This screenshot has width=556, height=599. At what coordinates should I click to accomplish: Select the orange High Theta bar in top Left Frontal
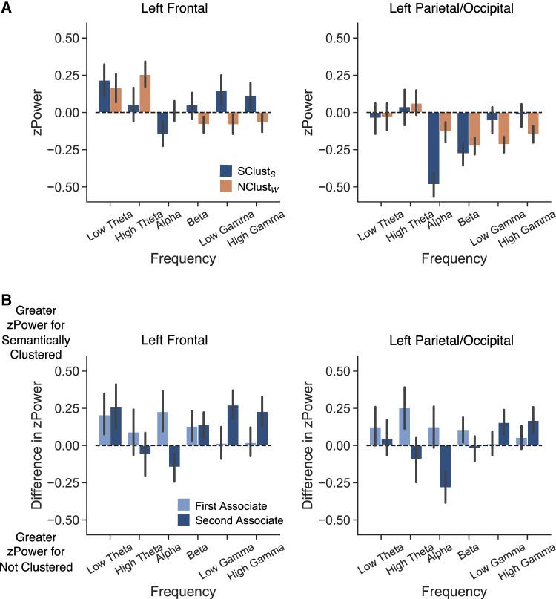(145, 94)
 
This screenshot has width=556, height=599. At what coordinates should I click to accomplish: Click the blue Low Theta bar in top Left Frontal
(105, 96)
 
